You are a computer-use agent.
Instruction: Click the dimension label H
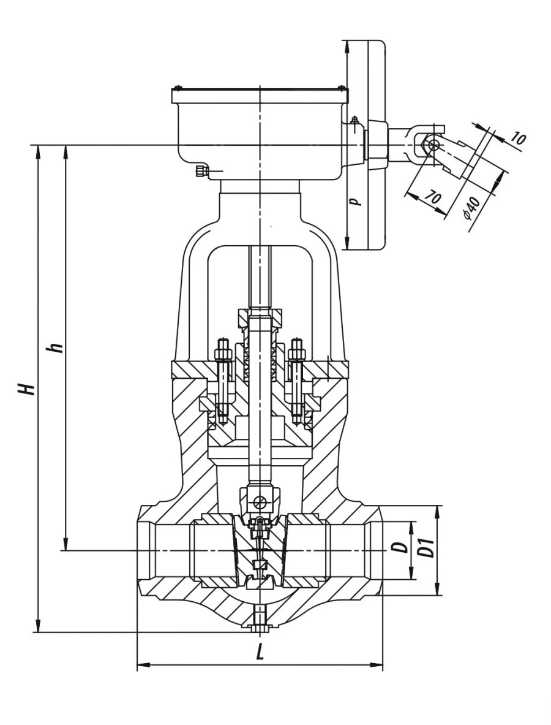click(25, 387)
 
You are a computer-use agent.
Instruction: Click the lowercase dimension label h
click(57, 347)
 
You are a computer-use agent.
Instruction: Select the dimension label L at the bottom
click(260, 653)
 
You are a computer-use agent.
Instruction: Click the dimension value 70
click(432, 197)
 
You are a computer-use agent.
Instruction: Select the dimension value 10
click(517, 139)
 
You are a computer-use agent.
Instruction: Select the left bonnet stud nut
click(222, 354)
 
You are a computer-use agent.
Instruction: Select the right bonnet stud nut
click(298, 354)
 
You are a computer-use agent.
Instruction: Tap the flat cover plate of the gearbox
click(260, 96)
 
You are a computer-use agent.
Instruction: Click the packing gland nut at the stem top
click(260, 318)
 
